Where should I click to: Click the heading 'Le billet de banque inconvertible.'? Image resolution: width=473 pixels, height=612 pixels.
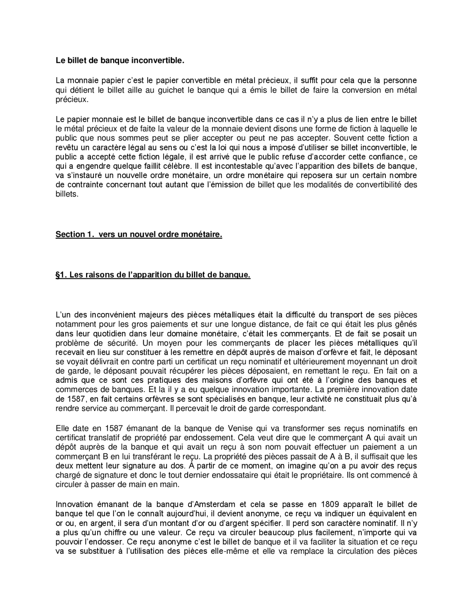pos(120,60)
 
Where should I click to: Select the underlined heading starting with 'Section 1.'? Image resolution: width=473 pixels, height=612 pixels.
pos(139,235)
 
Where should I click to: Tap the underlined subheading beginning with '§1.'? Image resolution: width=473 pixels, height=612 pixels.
pos(153,275)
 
